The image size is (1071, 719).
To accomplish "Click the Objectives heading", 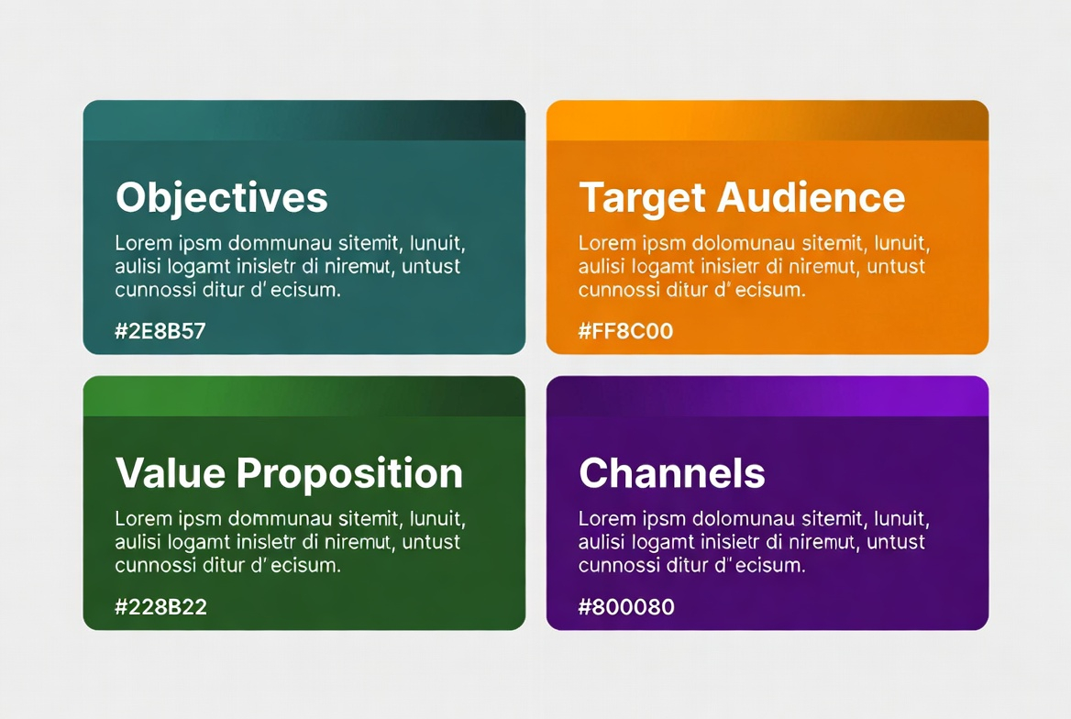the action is (222, 197).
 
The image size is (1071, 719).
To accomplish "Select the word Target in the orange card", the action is (643, 199).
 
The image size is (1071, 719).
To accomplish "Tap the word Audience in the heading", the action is (812, 197).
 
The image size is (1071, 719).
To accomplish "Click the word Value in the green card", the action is (171, 473).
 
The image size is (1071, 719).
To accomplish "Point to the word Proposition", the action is (349, 474).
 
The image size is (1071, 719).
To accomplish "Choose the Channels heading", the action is (672, 473).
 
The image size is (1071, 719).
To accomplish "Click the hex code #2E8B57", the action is (160, 331).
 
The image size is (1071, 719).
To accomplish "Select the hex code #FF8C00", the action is (625, 331).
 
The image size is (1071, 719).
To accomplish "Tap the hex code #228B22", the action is (161, 607).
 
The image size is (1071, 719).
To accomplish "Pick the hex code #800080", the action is (626, 607).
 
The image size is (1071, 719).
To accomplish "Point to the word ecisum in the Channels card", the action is (774, 565).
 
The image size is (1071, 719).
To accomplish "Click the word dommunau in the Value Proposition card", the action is (280, 519).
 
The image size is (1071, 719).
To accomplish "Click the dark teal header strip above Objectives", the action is (304, 120).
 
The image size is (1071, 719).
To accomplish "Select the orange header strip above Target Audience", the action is (767, 120).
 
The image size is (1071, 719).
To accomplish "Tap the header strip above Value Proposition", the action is (304, 395).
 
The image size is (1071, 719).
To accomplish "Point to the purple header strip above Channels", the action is (767, 395).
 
